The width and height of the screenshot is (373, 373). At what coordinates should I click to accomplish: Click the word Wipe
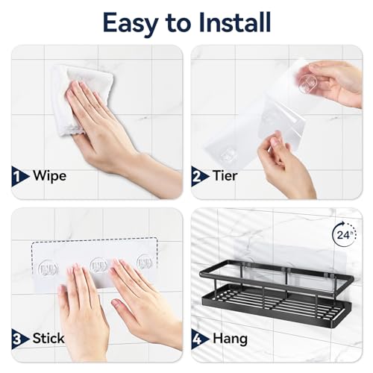pos(49,177)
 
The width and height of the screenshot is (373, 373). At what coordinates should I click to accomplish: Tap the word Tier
pos(226,177)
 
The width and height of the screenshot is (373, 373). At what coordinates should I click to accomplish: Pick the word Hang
pos(230,338)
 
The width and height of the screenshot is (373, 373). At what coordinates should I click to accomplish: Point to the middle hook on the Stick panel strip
pos(97,265)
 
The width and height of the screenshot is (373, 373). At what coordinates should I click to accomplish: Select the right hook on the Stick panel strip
pos(143,265)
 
